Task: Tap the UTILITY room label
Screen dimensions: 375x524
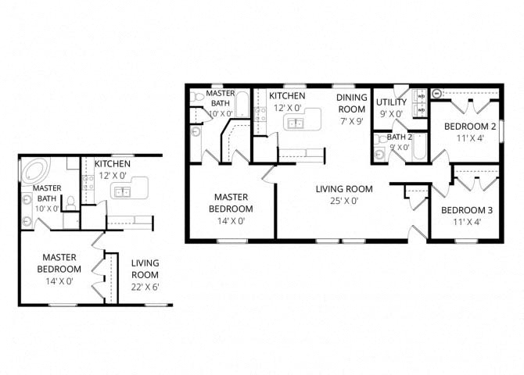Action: pos(390,102)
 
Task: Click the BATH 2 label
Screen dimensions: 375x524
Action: pos(399,137)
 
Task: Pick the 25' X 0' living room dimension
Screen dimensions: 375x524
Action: pos(343,201)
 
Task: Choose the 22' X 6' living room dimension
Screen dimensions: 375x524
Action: pos(145,287)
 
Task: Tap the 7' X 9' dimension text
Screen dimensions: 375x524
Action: pos(350,120)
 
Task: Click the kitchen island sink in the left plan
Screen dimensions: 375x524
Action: pos(123,191)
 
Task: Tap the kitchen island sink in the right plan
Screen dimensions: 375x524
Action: pos(296,123)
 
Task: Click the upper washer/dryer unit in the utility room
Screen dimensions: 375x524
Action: pos(421,96)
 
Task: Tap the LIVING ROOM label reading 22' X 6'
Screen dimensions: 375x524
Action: pos(145,269)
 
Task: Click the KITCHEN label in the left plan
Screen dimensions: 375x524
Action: pos(113,164)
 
